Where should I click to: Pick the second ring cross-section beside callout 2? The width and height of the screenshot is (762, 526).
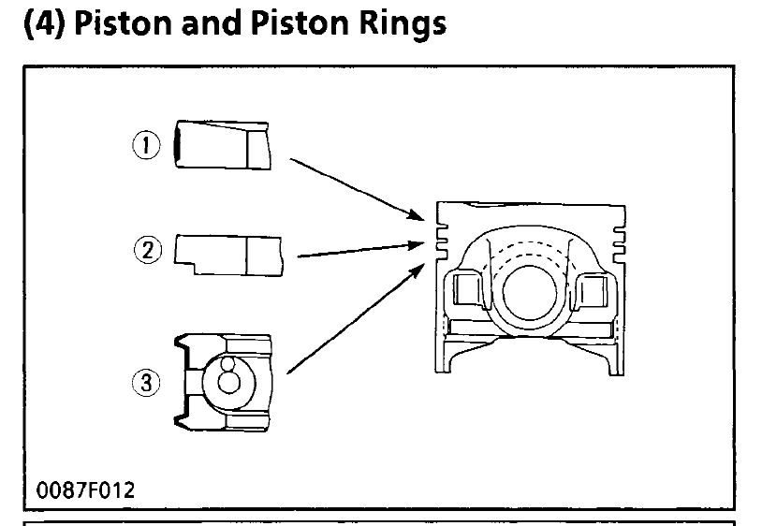[x=229, y=253]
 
